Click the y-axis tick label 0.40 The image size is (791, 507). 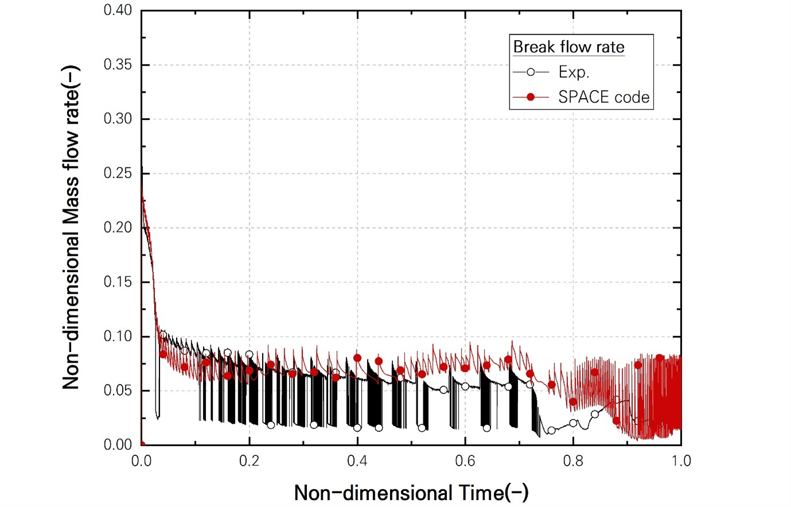pyautogui.click(x=118, y=10)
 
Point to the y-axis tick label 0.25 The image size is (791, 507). pyautogui.click(x=118, y=173)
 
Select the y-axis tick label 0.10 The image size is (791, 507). pyautogui.click(x=118, y=336)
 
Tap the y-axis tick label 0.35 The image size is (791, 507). pyautogui.click(x=118, y=65)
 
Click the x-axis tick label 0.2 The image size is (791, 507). pyautogui.click(x=249, y=461)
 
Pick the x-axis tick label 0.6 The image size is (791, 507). pyautogui.click(x=465, y=461)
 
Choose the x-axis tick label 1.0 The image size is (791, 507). pyautogui.click(x=681, y=461)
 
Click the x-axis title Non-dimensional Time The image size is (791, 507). pyautogui.click(x=411, y=493)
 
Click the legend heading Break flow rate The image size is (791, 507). pyautogui.click(x=568, y=47)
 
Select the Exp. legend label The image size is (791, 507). pyautogui.click(x=574, y=72)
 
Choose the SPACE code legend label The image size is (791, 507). pyautogui.click(x=604, y=97)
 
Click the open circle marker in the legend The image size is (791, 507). pyautogui.click(x=531, y=72)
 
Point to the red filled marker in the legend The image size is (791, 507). pyautogui.click(x=531, y=97)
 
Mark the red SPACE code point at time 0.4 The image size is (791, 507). pyautogui.click(x=357, y=358)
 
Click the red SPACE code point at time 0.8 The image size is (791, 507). pyautogui.click(x=573, y=402)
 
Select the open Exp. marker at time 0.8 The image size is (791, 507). pyautogui.click(x=573, y=423)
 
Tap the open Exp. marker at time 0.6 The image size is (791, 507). pyautogui.click(x=465, y=386)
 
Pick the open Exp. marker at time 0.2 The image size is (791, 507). pyautogui.click(x=249, y=354)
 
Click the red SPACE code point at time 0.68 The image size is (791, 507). pyautogui.click(x=508, y=360)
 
